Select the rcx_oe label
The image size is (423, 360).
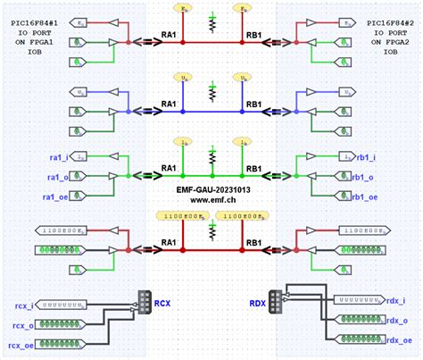coord(21,345)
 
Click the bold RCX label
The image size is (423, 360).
coord(163,303)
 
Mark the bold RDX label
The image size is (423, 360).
coord(259,303)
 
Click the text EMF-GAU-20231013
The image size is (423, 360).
coord(211,191)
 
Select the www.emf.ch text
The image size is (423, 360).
coord(211,202)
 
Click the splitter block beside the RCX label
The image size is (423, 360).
coord(143,302)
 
